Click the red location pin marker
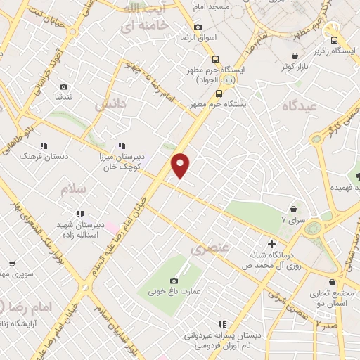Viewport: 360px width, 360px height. tap(181, 165)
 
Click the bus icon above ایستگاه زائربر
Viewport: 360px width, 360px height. tap(335, 40)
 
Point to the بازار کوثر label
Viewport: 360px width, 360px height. tap(296, 65)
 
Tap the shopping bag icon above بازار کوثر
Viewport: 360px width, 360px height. tap(296, 54)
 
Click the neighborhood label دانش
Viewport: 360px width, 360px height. tap(110, 105)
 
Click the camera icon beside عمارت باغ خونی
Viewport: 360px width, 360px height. tap(174, 281)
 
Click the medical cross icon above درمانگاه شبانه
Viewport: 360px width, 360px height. tap(271, 243)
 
